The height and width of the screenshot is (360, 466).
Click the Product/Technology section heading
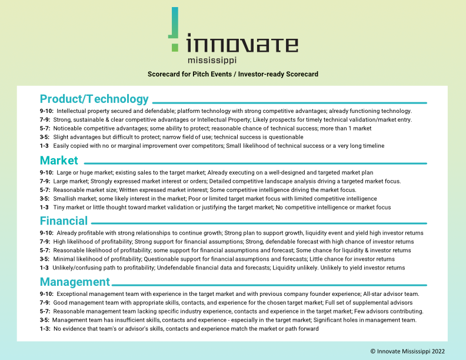point(94,99)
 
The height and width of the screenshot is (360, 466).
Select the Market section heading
point(59,161)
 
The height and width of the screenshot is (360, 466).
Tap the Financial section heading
point(64,221)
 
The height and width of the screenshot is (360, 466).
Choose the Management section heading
point(75,282)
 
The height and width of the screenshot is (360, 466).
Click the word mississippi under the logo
point(212,60)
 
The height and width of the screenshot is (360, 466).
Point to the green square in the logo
point(175,48)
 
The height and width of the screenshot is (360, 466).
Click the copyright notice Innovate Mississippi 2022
point(408,351)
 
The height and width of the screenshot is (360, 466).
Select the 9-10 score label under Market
point(46,172)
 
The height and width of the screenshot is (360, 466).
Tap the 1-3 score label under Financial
point(44,268)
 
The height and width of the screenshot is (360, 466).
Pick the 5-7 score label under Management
point(45,311)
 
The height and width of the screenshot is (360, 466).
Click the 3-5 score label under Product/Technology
point(45,137)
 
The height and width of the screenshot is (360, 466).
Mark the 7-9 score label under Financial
point(45,242)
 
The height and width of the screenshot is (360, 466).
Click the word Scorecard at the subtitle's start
point(164,74)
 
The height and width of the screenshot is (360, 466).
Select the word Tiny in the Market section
point(59,207)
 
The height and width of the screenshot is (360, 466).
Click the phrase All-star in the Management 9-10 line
point(372,294)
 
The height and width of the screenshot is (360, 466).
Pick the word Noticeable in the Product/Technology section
point(66,128)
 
